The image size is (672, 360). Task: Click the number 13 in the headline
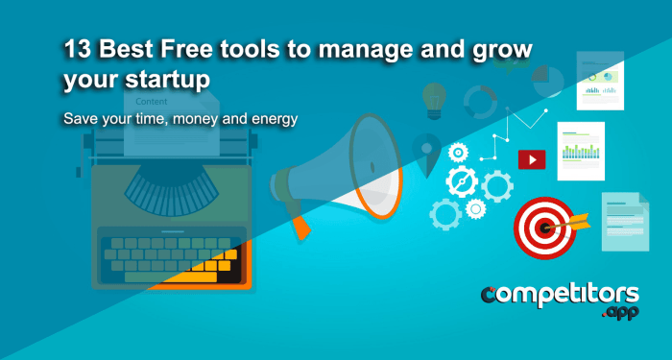(x=76, y=50)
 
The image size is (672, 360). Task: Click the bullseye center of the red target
(x=542, y=228)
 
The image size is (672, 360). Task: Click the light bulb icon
(x=435, y=96)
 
